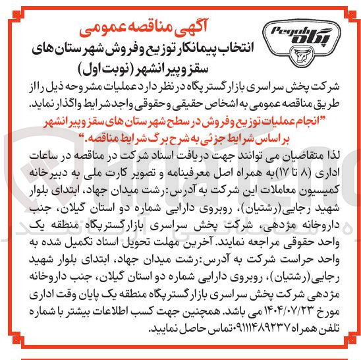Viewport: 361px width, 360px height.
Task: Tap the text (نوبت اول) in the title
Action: (106, 67)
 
